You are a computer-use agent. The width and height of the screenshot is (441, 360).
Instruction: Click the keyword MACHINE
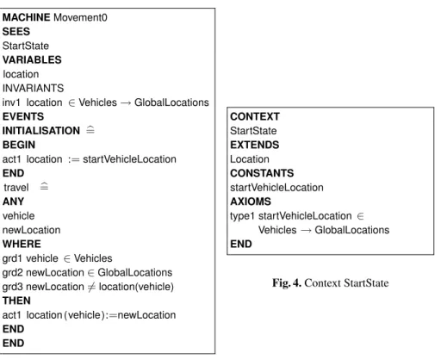pos(26,17)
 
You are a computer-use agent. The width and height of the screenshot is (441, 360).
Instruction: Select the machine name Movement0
pos(80,17)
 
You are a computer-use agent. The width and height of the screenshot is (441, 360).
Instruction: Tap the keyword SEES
pos(16,32)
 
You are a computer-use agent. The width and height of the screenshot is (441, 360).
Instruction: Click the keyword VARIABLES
pos(32,60)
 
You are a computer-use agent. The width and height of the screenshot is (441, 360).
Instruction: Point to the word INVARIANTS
pos(33,88)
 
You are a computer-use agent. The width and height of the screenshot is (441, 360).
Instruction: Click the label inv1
pos(11,102)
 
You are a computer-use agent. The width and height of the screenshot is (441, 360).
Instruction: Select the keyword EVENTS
pos(23,116)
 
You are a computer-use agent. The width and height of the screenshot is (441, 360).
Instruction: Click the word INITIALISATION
pos(41,131)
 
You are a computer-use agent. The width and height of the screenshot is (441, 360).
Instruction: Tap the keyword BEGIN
pos(19,145)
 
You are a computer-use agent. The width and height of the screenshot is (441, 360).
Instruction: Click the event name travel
pos(16,188)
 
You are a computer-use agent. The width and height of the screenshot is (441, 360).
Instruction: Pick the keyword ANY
pos(13,202)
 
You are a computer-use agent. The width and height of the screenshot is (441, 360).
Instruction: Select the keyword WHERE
pos(22,244)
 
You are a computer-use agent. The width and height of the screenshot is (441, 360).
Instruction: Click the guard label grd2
pos(12,272)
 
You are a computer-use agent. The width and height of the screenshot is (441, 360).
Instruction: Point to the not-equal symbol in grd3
pos(91,287)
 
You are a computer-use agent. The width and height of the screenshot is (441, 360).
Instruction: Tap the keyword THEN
pos(16,301)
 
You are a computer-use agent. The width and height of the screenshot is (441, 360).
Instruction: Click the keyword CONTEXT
pos(255,116)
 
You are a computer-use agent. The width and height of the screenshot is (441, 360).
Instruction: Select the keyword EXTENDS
pos(254,145)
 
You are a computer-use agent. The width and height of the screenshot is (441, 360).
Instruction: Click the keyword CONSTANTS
pos(262,173)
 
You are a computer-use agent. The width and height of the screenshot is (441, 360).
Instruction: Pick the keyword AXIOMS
pos(251,202)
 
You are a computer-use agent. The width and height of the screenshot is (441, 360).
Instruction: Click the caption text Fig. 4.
pos(287,283)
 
